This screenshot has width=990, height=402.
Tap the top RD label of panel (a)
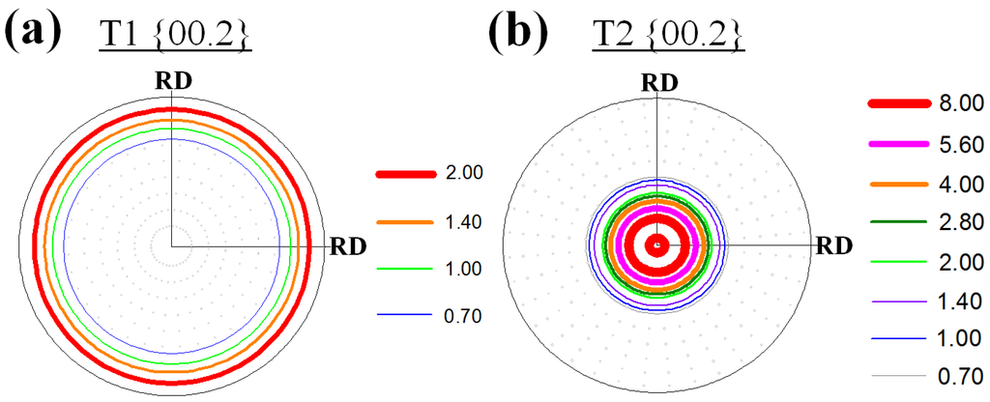(x=174, y=79)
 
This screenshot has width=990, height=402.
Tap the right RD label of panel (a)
(x=349, y=244)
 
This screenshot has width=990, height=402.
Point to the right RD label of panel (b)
(x=832, y=244)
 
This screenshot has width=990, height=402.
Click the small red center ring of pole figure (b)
(x=657, y=244)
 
